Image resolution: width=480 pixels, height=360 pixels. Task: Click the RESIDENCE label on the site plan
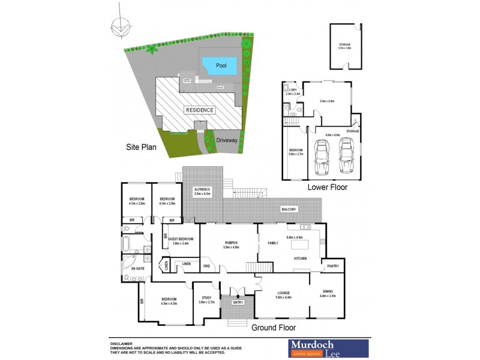(200, 110)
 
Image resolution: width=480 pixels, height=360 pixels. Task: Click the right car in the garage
(347, 156)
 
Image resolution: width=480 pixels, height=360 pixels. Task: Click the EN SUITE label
(130, 268)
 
